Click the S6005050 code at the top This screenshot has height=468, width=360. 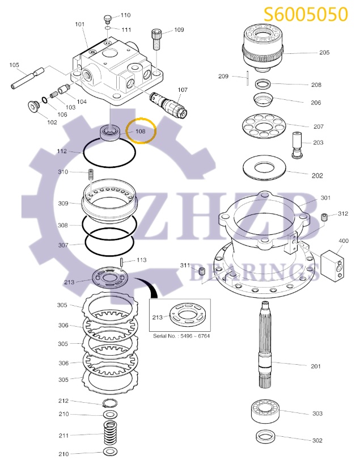tap(306, 14)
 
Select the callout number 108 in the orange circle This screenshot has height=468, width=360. tap(140, 131)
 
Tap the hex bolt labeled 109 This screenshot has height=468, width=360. tap(157, 40)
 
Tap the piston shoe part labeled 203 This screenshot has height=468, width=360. tap(298, 144)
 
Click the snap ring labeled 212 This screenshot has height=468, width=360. tap(109, 403)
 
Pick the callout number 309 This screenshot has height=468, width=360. tap(63, 203)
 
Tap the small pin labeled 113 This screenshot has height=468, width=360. tap(123, 262)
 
